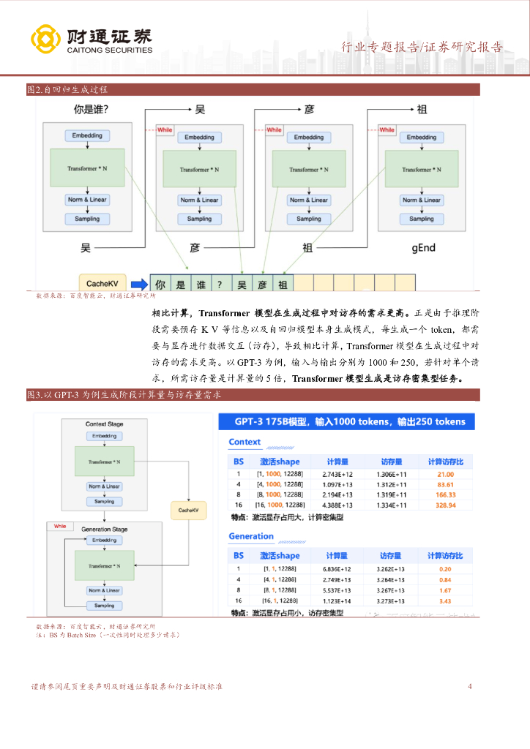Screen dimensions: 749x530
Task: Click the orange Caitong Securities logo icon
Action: (45, 40)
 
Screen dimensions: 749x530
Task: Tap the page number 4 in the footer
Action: (470, 687)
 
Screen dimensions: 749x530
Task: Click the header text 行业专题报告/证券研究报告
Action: (422, 48)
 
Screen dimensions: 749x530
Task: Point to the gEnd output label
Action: (423, 248)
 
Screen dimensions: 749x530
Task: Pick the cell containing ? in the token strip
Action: (220, 284)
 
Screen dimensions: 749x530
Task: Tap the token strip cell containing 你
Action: (161, 284)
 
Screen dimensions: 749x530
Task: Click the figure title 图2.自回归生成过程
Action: (67, 89)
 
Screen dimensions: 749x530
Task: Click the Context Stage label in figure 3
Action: (105, 424)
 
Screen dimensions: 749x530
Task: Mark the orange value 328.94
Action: (445, 505)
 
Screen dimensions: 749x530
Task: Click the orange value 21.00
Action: (445, 474)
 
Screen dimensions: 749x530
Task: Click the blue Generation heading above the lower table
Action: (251, 536)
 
